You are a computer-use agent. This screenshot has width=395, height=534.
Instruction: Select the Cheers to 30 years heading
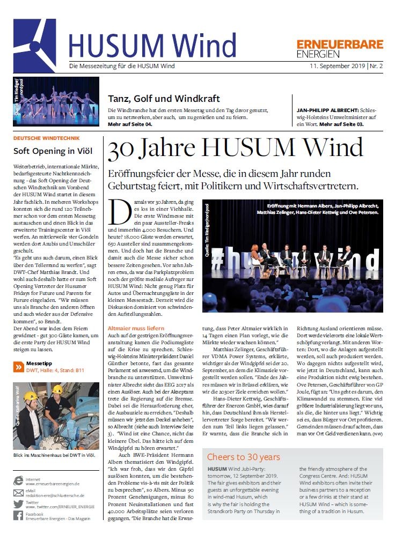244,457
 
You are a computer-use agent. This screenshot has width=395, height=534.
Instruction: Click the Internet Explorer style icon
18,481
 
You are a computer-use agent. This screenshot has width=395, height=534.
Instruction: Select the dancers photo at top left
56,101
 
